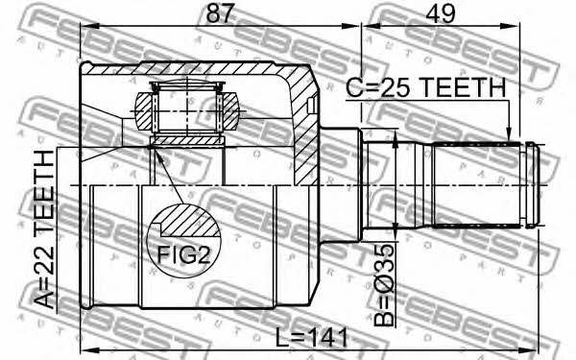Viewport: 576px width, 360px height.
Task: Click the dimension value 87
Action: pyautogui.click(x=220, y=13)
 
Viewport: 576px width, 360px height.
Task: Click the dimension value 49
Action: pyautogui.click(x=440, y=13)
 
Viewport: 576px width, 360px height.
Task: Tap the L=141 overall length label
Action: pyautogui.click(x=311, y=338)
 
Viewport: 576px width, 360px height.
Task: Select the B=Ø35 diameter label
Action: pyautogui.click(x=384, y=286)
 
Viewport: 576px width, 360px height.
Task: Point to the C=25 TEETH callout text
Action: pyautogui.click(x=426, y=87)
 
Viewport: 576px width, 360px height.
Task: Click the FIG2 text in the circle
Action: pyautogui.click(x=183, y=254)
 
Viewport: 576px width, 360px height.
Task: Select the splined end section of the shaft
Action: pyautogui.click(x=476, y=184)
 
